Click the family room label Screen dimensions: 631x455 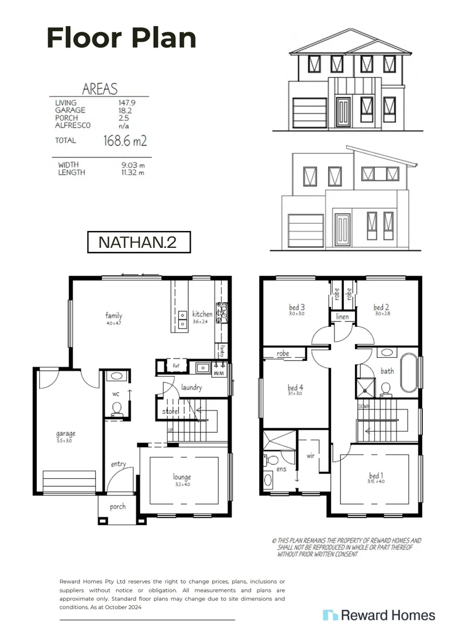(x=113, y=316)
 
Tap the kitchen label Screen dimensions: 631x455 (x=202, y=314)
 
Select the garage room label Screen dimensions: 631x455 (x=66, y=433)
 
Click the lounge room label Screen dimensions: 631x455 (x=182, y=477)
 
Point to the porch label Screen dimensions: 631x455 (x=118, y=506)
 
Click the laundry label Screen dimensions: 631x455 (x=191, y=387)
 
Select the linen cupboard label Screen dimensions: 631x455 (x=342, y=316)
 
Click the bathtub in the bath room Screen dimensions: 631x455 (x=409, y=372)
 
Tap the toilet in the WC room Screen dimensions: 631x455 (x=116, y=408)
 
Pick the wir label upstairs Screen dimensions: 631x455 (x=311, y=454)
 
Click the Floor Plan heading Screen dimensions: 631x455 (x=121, y=38)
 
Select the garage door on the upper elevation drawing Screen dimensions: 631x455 (x=309, y=113)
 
